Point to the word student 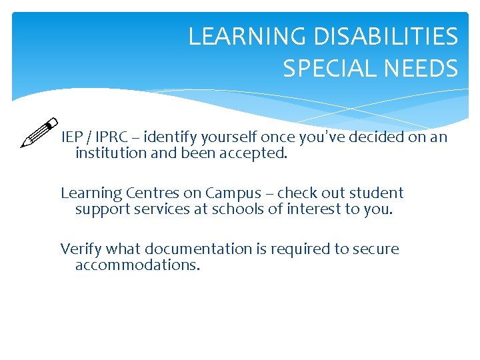(375, 193)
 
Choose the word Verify (81, 249)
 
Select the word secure (376, 249)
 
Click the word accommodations (137, 265)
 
